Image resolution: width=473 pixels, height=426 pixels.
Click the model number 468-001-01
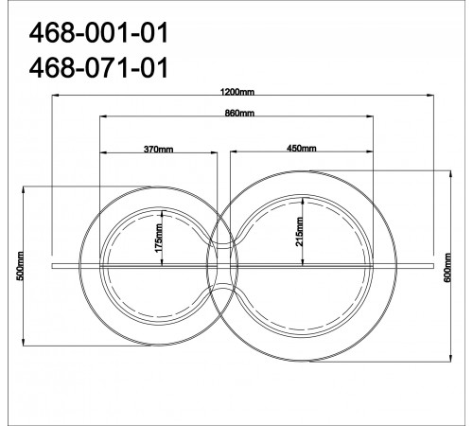98,33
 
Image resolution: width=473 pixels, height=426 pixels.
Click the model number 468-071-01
98,68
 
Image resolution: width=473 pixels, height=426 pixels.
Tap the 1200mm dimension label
237,92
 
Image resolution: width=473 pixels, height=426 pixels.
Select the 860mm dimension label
239,113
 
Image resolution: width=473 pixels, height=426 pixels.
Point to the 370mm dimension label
158,149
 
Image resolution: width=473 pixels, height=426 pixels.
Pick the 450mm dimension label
302,148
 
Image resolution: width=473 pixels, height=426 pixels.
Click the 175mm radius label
159,238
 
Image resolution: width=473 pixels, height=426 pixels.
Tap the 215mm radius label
299,232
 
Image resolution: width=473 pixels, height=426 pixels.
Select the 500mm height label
20,266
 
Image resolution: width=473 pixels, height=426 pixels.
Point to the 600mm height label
447,268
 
